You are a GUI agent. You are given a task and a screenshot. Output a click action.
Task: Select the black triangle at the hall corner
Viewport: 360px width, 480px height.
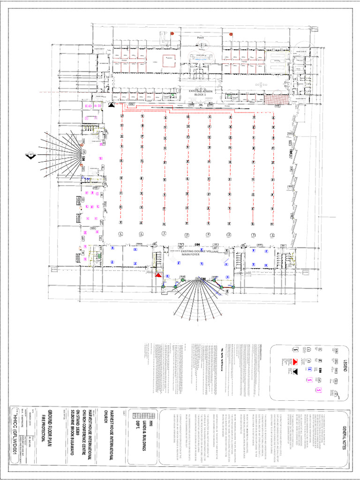coord(111,105)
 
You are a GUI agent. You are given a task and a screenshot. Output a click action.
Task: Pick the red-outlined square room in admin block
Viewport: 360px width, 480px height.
coord(168,61)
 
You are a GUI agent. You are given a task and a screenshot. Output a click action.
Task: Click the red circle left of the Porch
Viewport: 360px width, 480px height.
coord(172,34)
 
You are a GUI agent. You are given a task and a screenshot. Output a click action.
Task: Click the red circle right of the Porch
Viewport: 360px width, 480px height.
coord(231,34)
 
